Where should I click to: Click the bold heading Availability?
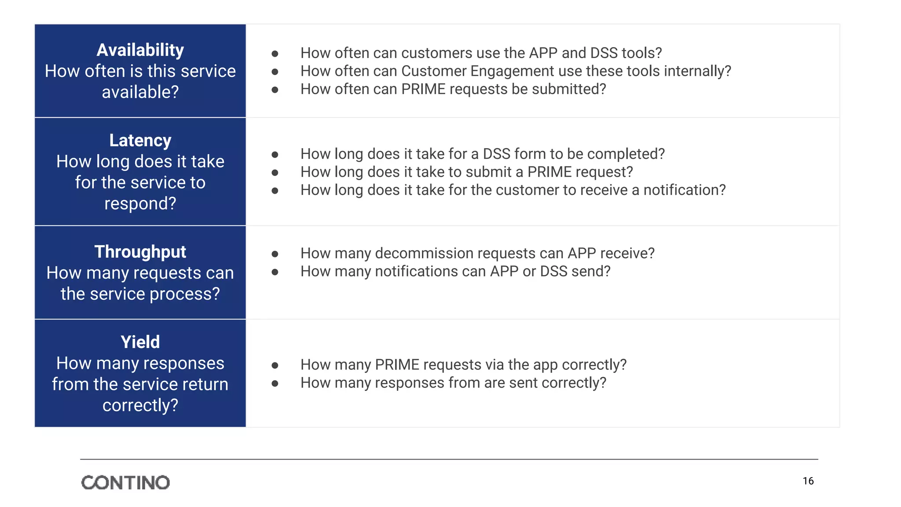[x=140, y=50]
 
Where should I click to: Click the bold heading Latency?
[x=140, y=140]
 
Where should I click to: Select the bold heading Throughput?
[x=140, y=252]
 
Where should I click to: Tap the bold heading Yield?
[x=140, y=342]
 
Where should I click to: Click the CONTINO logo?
[x=125, y=482]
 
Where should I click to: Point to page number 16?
[x=808, y=481]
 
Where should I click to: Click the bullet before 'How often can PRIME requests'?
[x=275, y=90]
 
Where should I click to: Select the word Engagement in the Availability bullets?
[x=512, y=71]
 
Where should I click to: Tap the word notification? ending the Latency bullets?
[x=684, y=190]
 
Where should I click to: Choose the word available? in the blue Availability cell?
[x=140, y=92]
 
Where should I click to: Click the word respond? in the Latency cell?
[x=140, y=203]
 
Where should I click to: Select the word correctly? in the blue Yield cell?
[x=140, y=405]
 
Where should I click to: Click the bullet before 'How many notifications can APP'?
[x=275, y=272]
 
